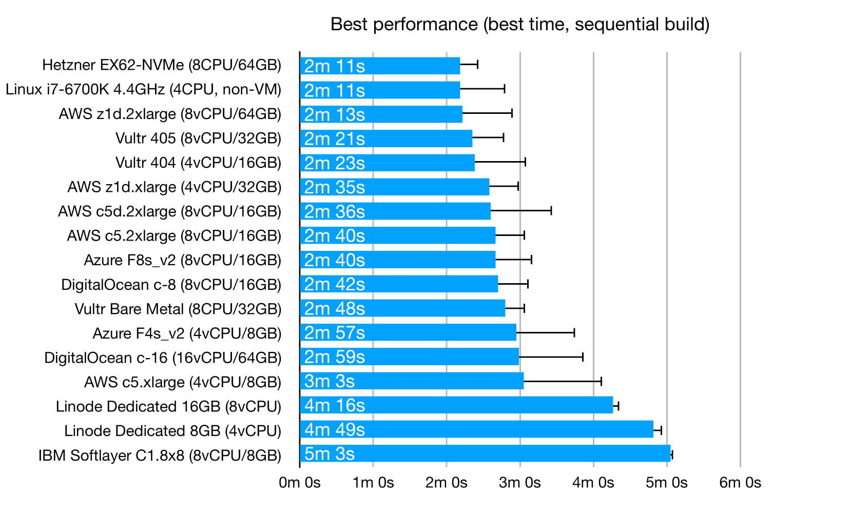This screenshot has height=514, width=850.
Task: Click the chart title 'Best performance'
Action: (x=519, y=24)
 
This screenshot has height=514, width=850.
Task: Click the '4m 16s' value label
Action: (x=334, y=405)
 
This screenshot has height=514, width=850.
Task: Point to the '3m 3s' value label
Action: (x=329, y=381)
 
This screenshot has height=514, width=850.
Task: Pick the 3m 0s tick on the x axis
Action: (x=520, y=483)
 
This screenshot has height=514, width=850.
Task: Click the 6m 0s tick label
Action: (x=740, y=483)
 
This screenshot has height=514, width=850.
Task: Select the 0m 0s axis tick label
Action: (x=300, y=483)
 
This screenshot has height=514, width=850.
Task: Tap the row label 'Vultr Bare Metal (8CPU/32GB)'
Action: (x=178, y=309)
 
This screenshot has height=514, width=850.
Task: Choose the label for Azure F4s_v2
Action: (x=187, y=333)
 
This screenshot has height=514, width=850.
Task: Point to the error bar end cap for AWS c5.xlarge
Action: (x=601, y=381)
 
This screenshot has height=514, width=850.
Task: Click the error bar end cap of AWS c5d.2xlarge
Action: (x=551, y=210)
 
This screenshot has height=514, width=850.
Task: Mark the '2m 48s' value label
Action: (x=334, y=308)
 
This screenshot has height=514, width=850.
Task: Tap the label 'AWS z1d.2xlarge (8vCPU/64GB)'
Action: (x=170, y=114)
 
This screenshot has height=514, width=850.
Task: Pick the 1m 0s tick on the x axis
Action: (x=373, y=483)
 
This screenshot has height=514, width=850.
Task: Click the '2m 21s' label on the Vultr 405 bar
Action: (x=334, y=139)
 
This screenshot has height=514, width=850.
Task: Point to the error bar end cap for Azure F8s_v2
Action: (x=531, y=260)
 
